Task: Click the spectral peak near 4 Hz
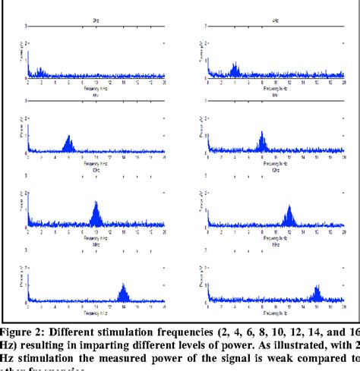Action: tap(235, 71)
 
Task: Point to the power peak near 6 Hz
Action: tap(69, 142)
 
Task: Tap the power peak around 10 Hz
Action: tap(96, 211)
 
